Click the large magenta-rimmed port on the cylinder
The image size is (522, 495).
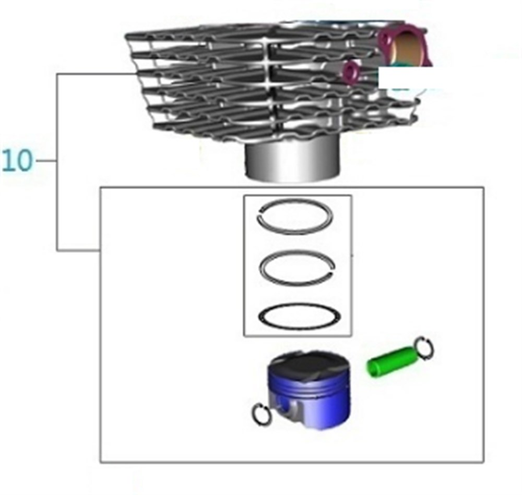tap(405, 46)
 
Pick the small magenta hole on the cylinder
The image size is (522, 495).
tap(351, 72)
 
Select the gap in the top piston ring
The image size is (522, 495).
tap(261, 213)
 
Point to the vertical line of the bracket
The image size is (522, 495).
tap(57, 162)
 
